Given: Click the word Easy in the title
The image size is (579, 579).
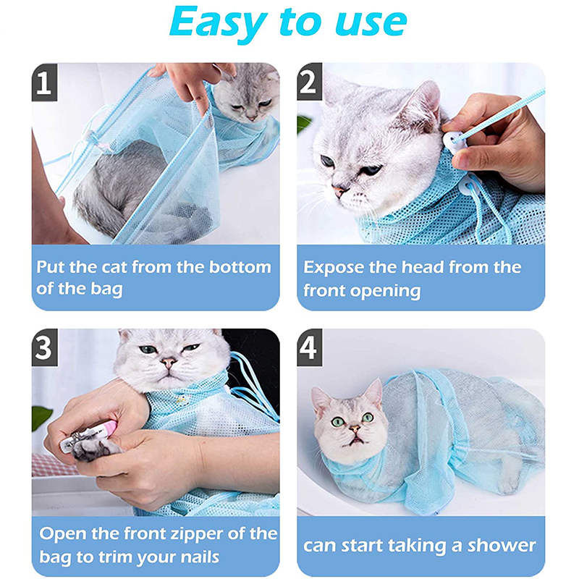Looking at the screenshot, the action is (x=219, y=23).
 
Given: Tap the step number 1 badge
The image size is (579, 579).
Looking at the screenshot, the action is (x=44, y=83).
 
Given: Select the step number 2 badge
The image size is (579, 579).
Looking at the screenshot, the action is (x=310, y=82).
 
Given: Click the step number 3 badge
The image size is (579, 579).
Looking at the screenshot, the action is (x=45, y=347).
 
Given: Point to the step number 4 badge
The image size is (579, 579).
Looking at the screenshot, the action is (x=310, y=347).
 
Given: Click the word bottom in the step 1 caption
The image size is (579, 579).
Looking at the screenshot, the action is (x=240, y=267).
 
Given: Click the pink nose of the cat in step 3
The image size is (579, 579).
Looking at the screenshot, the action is (x=168, y=363).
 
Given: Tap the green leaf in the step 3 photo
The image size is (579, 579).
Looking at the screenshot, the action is (x=41, y=418).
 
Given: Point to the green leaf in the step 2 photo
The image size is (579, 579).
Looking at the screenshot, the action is (x=303, y=124).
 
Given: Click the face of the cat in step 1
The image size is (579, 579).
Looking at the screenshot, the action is (x=248, y=99).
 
